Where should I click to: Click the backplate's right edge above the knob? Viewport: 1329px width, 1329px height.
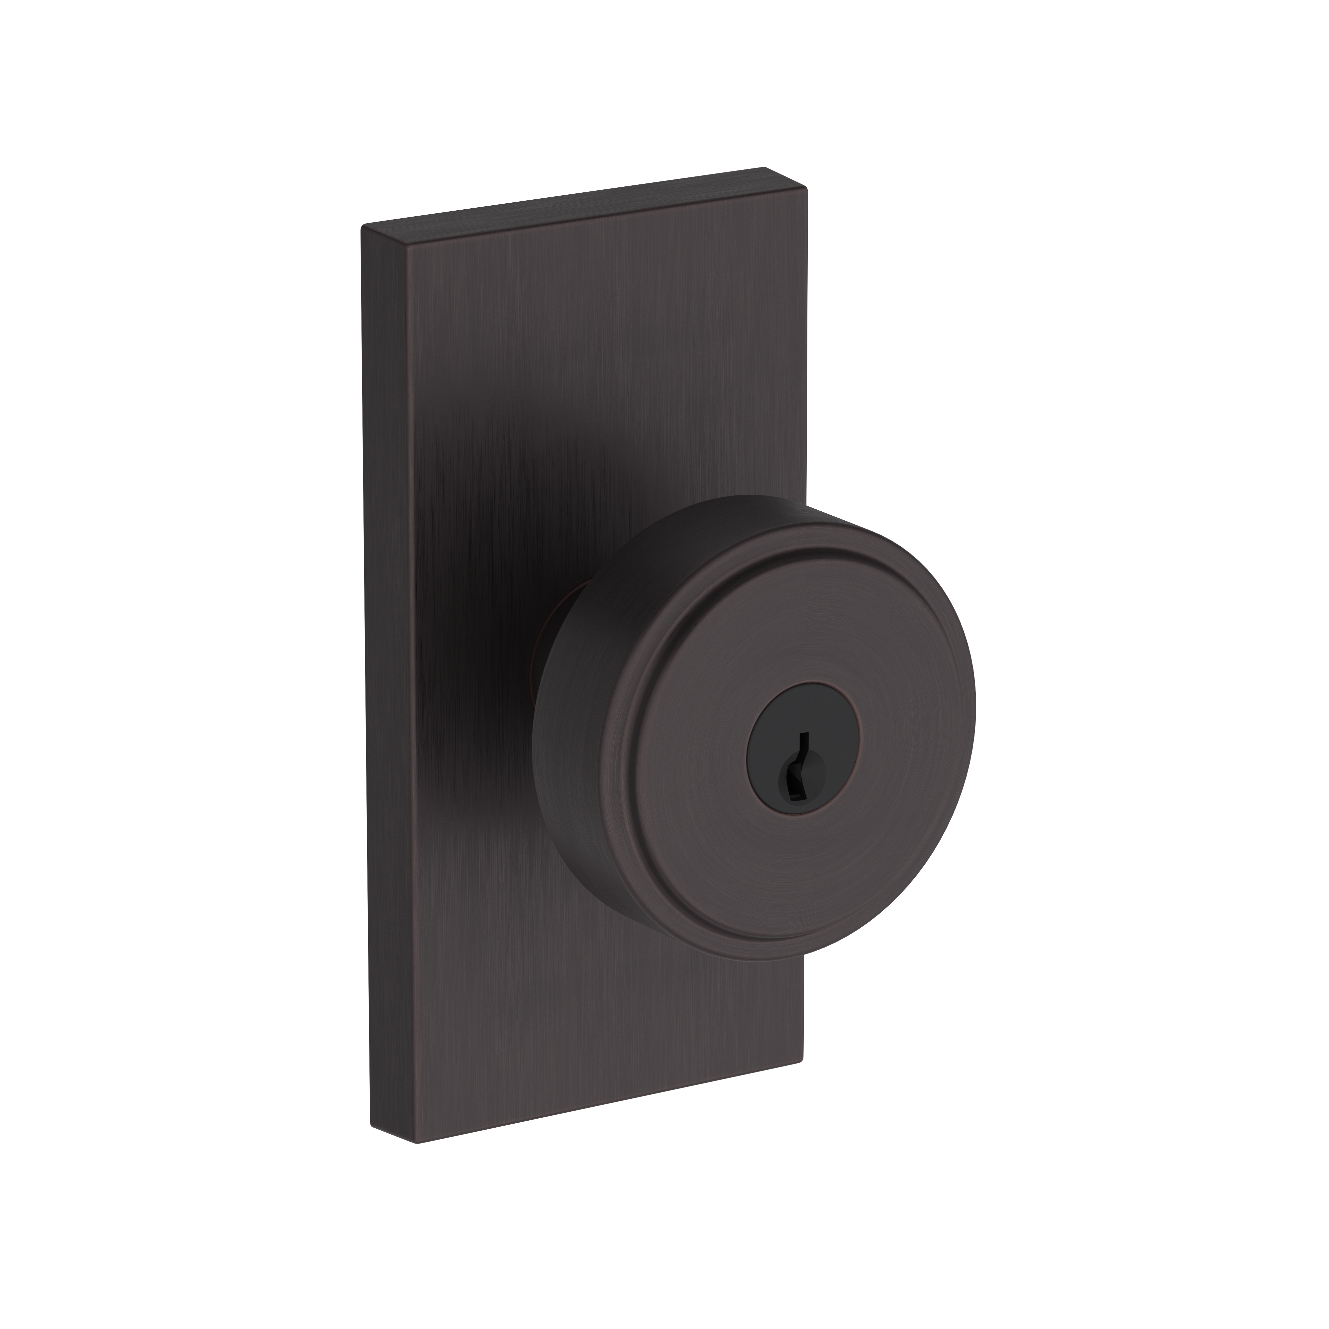click(805, 344)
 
